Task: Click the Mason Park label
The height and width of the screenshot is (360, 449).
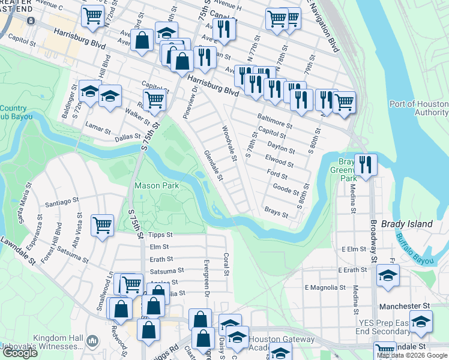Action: coord(157,186)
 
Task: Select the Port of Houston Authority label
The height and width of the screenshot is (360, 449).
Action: coord(419,108)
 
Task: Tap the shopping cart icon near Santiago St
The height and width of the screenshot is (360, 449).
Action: coord(102,226)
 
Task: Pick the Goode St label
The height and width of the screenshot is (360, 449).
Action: coord(286,189)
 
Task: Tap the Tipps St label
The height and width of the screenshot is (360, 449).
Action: coord(160,235)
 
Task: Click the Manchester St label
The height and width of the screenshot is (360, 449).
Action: coord(405,306)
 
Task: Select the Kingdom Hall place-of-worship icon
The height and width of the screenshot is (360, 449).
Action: coord(92,341)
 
